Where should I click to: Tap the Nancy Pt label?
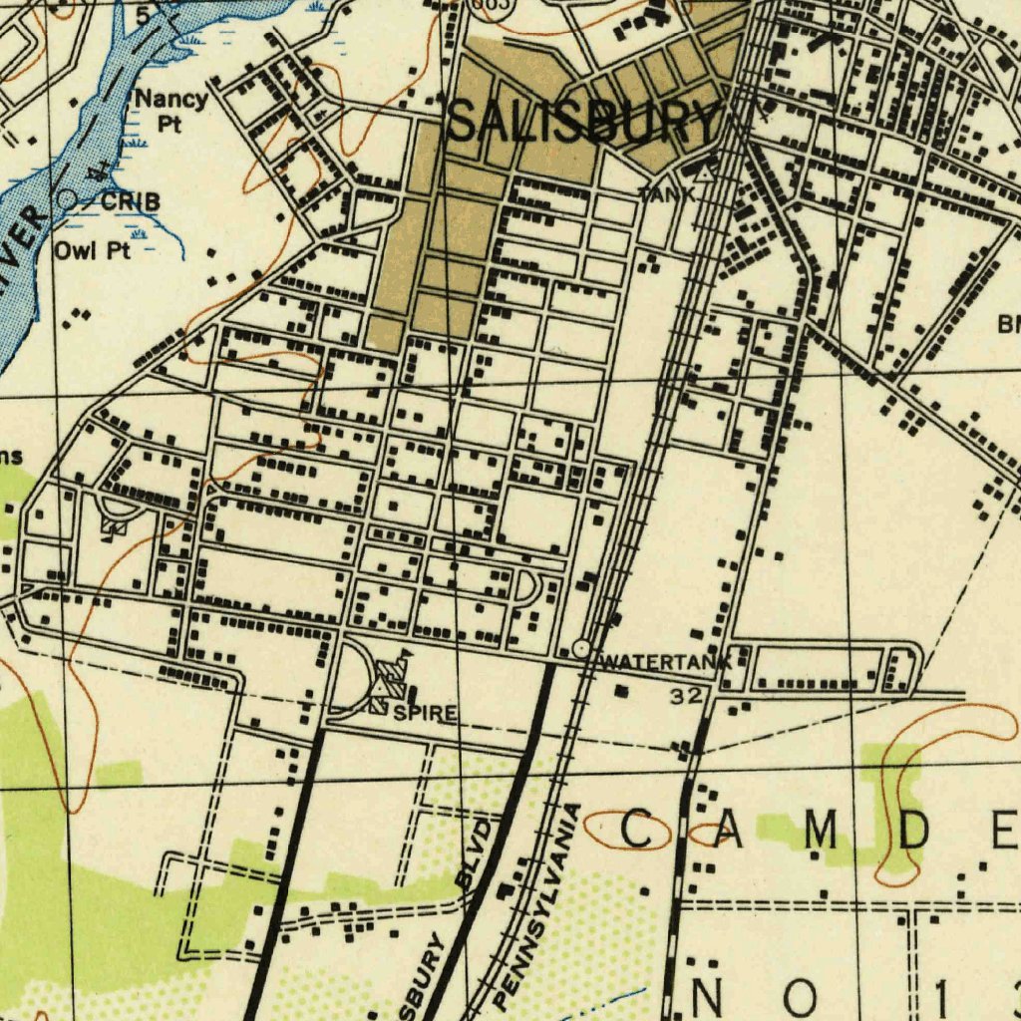click(x=170, y=111)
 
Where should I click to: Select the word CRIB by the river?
click(x=130, y=201)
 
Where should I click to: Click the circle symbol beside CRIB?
click(x=66, y=200)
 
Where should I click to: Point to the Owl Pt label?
click(x=92, y=250)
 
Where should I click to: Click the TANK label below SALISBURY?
click(x=666, y=194)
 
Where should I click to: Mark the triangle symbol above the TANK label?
click(x=704, y=173)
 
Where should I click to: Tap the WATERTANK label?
click(x=667, y=662)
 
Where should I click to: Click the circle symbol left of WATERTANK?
click(x=581, y=649)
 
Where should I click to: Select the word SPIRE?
click(x=425, y=713)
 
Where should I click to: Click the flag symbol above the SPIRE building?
click(x=404, y=656)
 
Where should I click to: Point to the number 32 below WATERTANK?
click(x=685, y=696)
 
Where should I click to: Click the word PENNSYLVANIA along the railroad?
click(x=535, y=905)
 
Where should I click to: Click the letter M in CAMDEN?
click(x=821, y=831)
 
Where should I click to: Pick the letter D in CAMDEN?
click(x=912, y=831)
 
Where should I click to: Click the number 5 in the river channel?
click(x=144, y=15)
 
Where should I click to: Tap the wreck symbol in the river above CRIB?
click(x=99, y=172)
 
